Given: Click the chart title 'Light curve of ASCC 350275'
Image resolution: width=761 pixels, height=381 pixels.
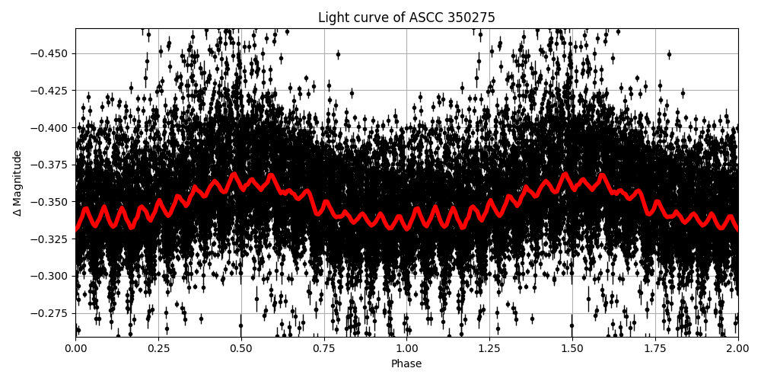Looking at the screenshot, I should tap(406, 18).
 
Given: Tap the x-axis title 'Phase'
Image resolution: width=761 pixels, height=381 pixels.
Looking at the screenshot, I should tap(406, 364).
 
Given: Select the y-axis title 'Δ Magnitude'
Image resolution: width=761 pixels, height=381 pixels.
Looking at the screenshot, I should tap(17, 183).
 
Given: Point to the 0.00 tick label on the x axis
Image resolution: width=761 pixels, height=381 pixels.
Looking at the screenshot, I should tap(75, 349).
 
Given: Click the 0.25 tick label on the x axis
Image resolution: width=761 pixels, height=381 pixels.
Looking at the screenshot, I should tap(158, 349).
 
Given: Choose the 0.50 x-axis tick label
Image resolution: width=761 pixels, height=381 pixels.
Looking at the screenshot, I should tap(241, 349).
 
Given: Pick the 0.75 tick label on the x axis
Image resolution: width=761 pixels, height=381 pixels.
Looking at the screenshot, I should tap(324, 349).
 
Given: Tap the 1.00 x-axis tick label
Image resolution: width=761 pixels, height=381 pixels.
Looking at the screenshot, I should tap(406, 349).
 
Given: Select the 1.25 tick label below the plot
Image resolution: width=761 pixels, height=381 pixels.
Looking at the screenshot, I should tap(489, 349).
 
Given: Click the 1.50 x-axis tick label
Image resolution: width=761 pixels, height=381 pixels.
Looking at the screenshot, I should tap(572, 349).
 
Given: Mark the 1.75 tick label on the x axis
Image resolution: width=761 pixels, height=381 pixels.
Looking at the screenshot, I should tap(655, 349).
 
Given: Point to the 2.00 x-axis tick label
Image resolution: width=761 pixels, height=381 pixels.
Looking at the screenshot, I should tap(737, 349).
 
